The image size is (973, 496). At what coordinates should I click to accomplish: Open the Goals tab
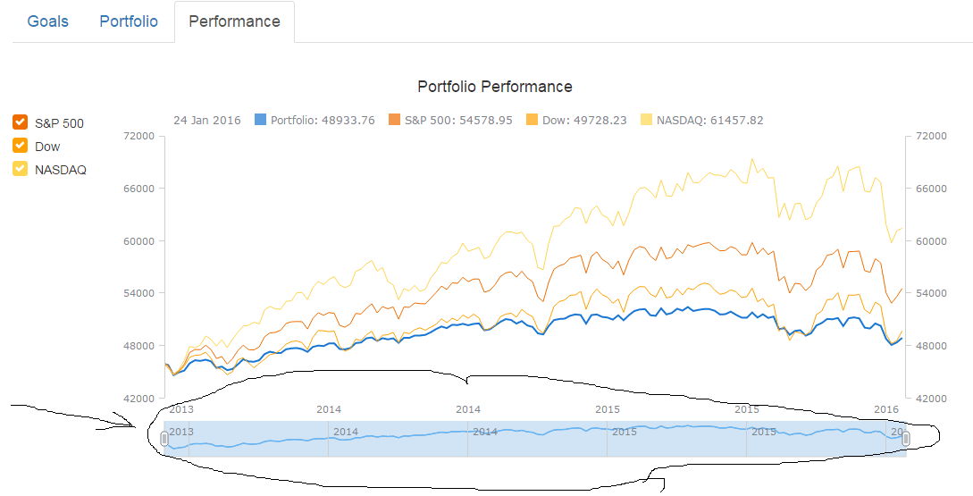pos(48,21)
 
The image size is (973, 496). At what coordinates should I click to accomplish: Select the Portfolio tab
pos(129,21)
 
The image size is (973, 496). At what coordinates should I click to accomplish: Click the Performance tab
pos(234,21)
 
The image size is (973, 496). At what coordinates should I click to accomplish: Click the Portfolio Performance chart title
pos(494,87)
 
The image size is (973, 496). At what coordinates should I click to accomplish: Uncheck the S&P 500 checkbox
pos(21,122)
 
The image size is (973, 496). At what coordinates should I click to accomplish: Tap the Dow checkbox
pos(21,146)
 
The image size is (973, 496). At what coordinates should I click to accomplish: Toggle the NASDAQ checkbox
pos(21,169)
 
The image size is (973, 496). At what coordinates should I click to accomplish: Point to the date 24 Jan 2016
pos(206,120)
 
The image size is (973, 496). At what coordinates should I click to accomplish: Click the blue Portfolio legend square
pos(261,120)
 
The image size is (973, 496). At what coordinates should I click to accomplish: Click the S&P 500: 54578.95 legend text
pos(458,120)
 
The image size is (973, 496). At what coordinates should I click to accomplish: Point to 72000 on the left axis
pos(138,136)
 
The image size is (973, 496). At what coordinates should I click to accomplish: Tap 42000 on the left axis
pos(138,398)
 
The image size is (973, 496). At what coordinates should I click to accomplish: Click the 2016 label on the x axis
pos(885,409)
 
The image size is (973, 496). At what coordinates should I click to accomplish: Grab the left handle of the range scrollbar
pos(164,439)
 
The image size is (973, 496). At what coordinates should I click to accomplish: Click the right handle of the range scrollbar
pos(906,438)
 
